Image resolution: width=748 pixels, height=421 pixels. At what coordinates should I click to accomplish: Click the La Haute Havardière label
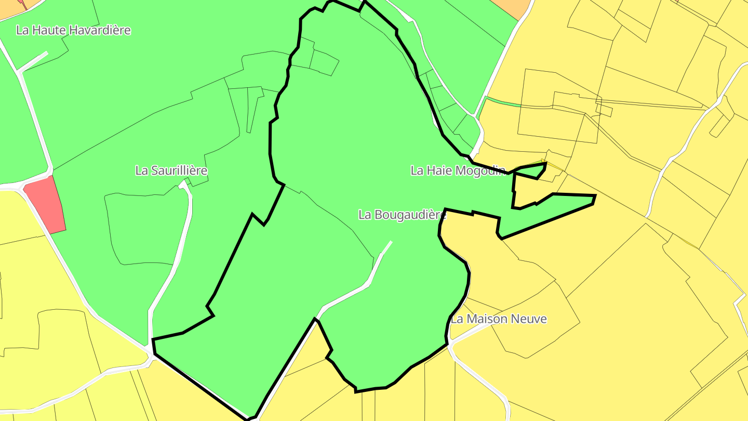(x=73, y=30)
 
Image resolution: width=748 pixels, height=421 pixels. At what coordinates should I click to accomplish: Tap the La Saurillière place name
(x=171, y=170)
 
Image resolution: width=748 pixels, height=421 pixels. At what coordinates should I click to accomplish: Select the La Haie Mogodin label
(x=458, y=170)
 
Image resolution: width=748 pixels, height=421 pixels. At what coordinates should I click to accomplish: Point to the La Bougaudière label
(x=403, y=215)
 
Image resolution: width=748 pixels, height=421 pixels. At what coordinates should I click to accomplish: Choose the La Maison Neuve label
(x=499, y=319)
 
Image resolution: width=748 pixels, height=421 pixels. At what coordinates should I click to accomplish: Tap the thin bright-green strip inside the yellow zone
(x=501, y=102)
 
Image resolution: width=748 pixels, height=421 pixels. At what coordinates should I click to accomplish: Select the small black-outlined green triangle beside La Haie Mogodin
(x=532, y=171)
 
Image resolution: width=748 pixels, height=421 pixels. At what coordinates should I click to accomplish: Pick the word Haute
(x=48, y=30)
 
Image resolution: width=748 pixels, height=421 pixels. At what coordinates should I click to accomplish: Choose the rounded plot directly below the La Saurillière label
(x=145, y=229)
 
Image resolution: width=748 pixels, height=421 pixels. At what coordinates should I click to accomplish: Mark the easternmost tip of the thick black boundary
(x=595, y=196)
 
